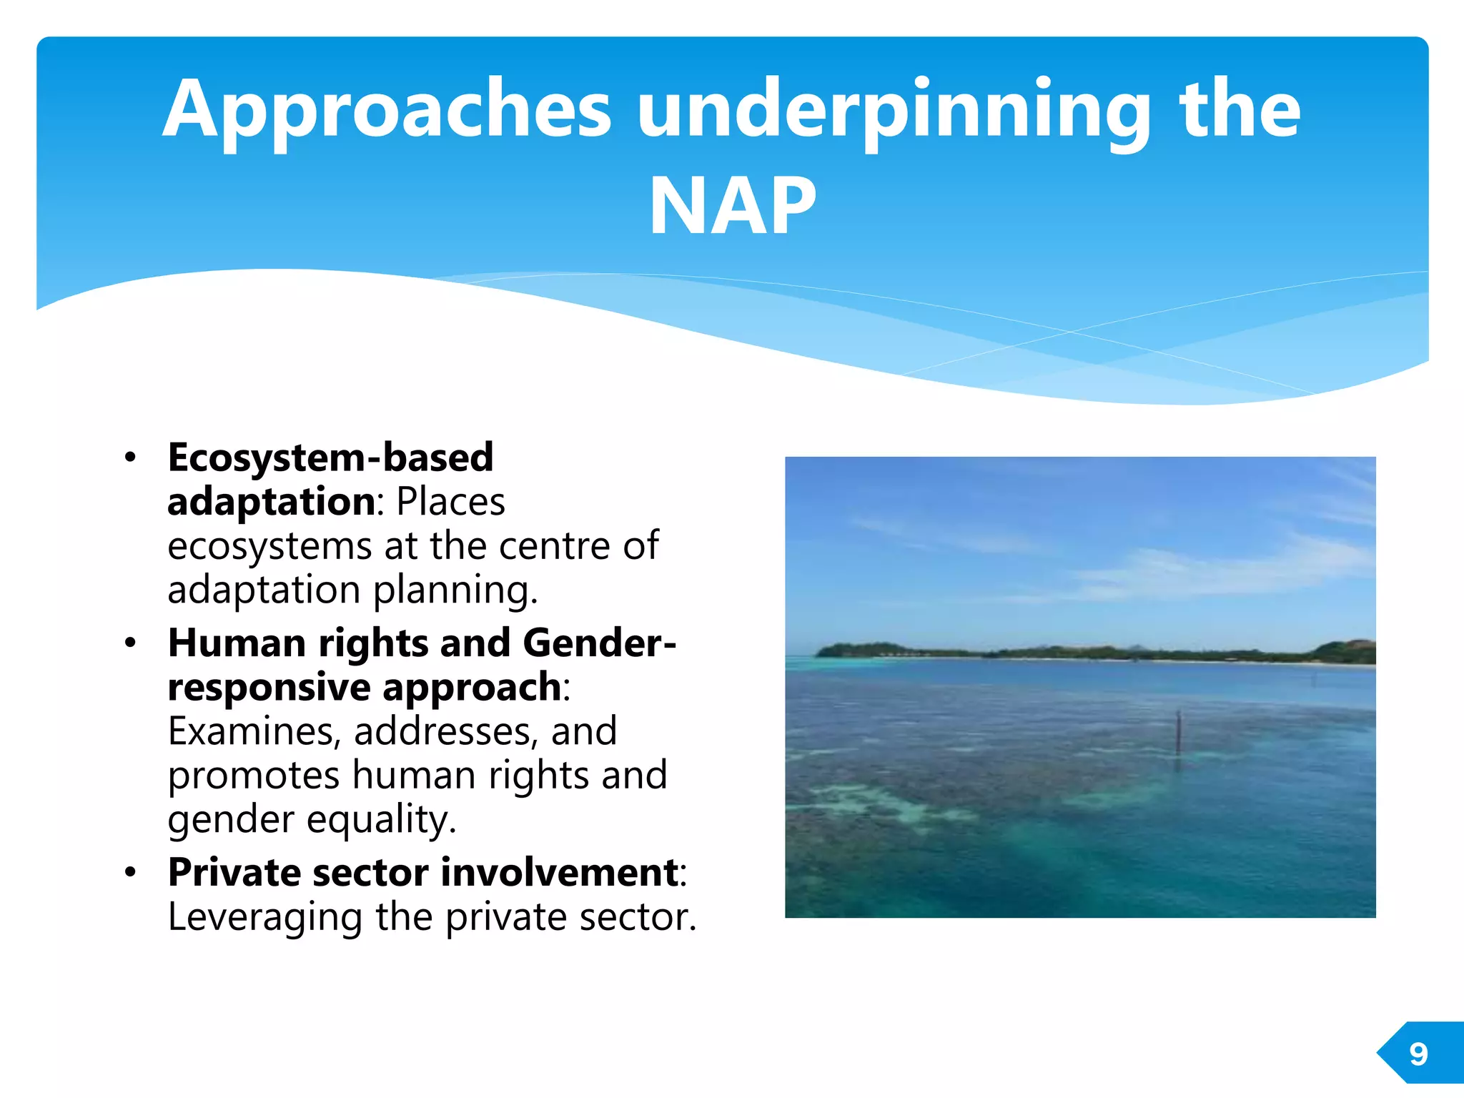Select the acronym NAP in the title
[732, 207]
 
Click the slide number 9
[1418, 1054]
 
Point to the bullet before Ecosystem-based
[129, 457]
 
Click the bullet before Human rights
[129, 643]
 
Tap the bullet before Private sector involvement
[129, 873]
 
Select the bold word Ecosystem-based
[330, 457]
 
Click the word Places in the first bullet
[450, 502]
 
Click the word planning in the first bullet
[455, 591]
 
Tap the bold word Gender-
[599, 643]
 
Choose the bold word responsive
[269, 688]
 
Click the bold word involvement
[560, 873]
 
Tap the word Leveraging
[264, 917]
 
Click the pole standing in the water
[1179, 733]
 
